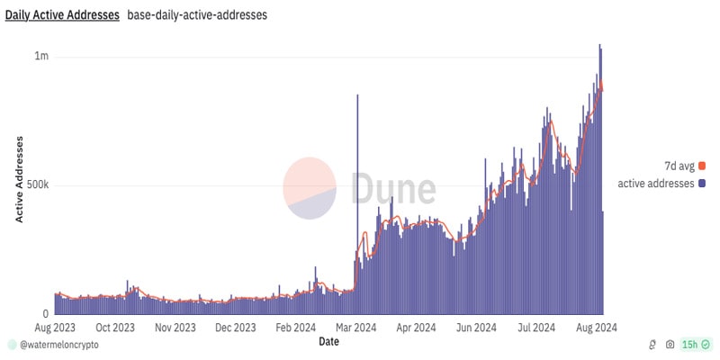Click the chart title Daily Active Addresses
[62, 15]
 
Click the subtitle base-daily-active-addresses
[196, 15]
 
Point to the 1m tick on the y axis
[41, 57]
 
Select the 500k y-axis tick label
[35, 185]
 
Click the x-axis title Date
[329, 342]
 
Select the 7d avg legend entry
[680, 166]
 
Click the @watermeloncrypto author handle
[59, 345]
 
